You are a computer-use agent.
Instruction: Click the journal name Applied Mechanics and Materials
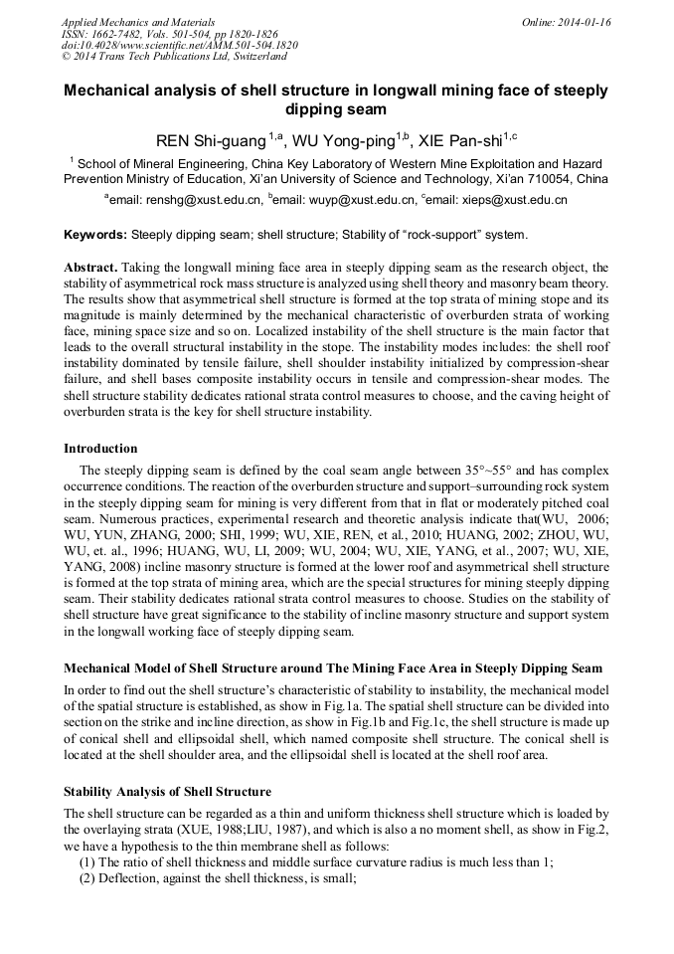pos(137,21)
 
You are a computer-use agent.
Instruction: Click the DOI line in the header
pos(179,45)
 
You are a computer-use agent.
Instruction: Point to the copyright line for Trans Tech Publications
pos(173,57)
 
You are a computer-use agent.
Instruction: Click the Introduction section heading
pos(100,449)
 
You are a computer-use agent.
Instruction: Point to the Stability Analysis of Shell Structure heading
pos(167,792)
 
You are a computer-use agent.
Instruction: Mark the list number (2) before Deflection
pos(87,878)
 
